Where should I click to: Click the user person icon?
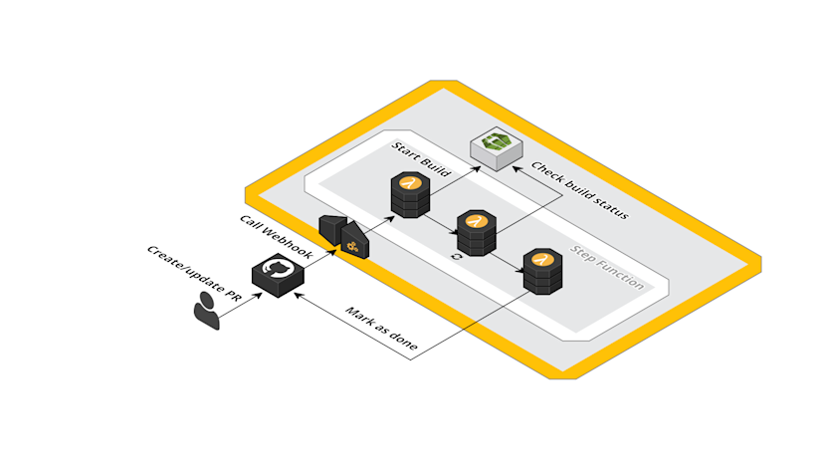tap(206, 310)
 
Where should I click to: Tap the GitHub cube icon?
tap(278, 275)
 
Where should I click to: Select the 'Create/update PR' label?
tap(194, 274)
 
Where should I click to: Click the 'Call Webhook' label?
tap(276, 237)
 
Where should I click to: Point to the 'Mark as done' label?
tap(381, 329)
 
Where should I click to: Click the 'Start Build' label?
tap(421, 159)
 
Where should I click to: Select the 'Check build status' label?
tap(579, 190)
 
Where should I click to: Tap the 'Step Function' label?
tap(606, 267)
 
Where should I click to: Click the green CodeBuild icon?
tap(496, 148)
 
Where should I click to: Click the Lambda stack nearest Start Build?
tap(410, 194)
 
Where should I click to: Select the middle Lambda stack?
tap(477, 233)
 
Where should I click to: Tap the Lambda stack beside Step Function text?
tap(543, 271)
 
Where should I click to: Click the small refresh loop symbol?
tap(457, 257)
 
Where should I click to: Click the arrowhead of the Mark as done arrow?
tap(298, 296)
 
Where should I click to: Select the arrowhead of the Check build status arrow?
tap(516, 169)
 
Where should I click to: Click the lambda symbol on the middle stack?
tap(477, 221)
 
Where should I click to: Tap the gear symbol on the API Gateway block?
tap(352, 247)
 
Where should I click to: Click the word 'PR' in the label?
tap(233, 296)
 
